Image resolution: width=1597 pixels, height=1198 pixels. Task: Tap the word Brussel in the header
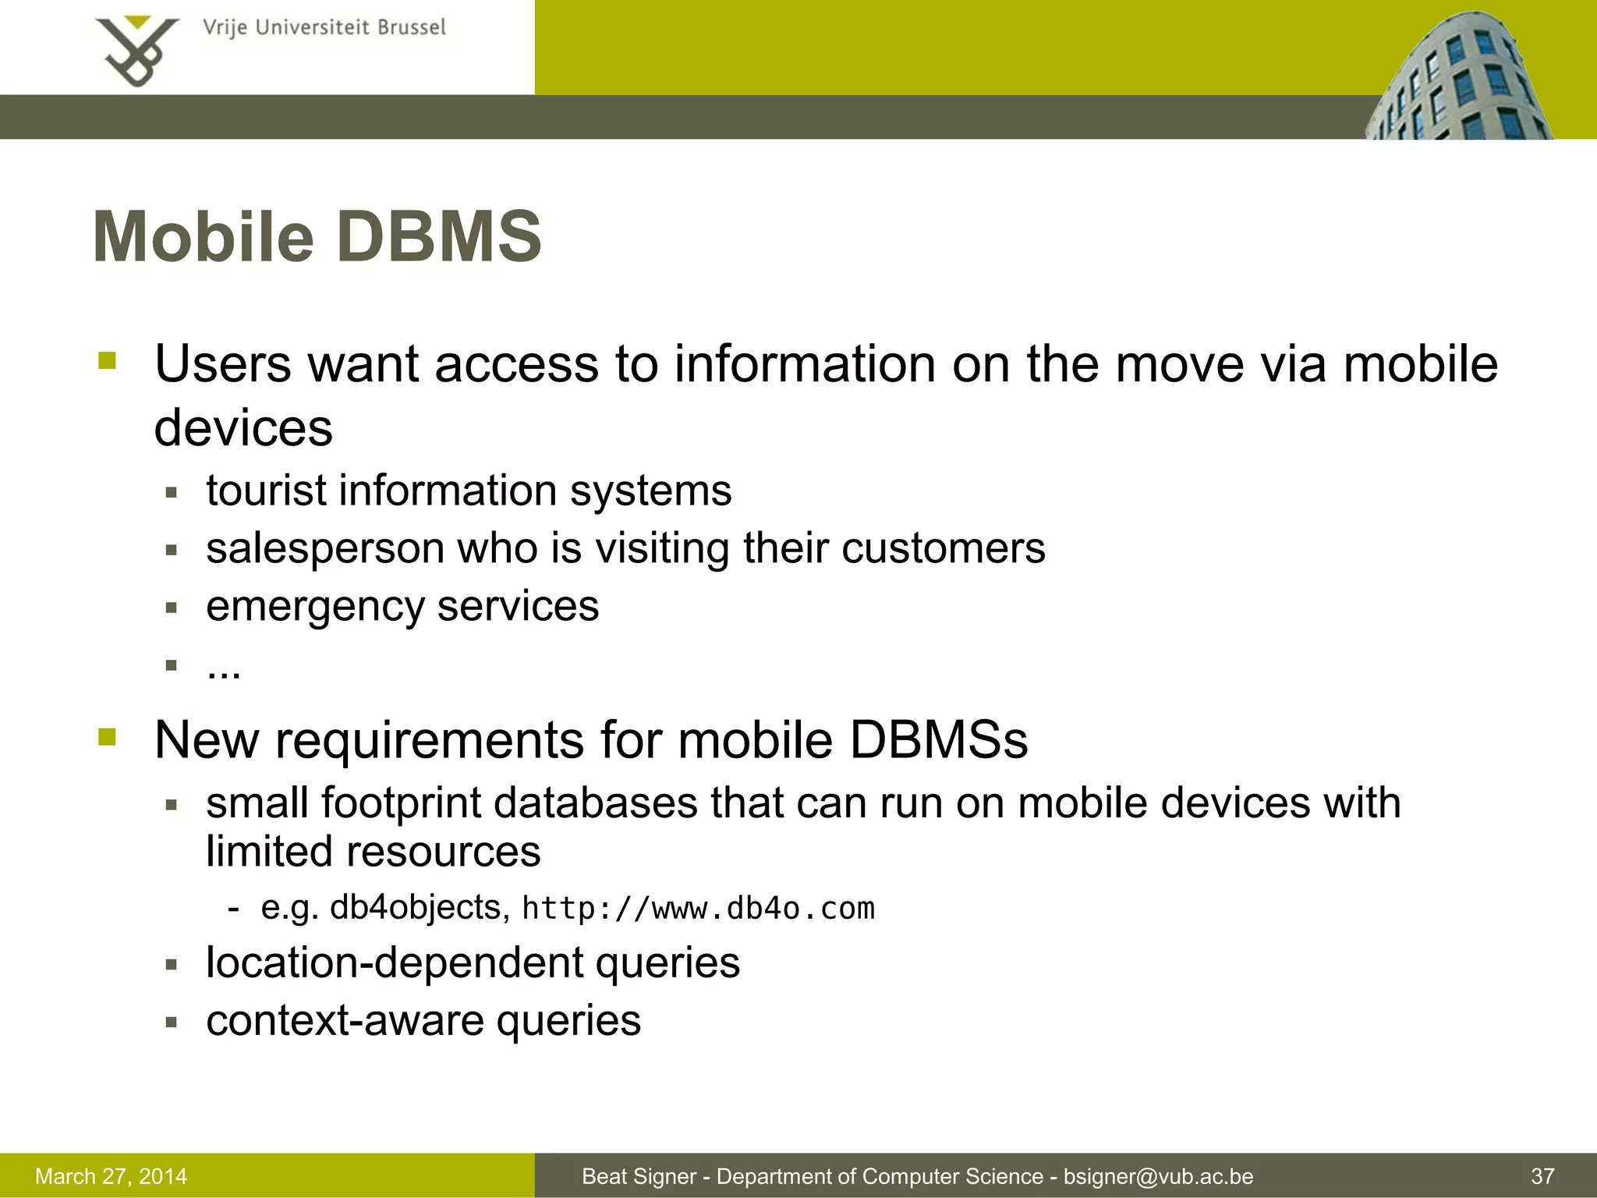412,28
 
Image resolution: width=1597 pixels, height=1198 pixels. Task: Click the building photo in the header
1458,78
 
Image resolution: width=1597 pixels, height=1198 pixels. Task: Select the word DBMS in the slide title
440,237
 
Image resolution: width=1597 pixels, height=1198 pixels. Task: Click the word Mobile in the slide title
203,237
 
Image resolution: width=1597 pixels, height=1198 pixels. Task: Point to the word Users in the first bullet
223,364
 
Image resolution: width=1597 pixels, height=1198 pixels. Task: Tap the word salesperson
324,548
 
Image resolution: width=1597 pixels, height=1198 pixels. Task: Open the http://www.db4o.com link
698,909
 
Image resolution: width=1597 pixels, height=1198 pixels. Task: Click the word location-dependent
394,962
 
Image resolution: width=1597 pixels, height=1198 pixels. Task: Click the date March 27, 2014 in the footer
112,1176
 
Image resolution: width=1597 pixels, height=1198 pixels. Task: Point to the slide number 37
1542,1176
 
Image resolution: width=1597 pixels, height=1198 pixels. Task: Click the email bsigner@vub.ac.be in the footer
1158,1176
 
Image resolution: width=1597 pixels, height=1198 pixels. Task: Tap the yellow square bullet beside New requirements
108,737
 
